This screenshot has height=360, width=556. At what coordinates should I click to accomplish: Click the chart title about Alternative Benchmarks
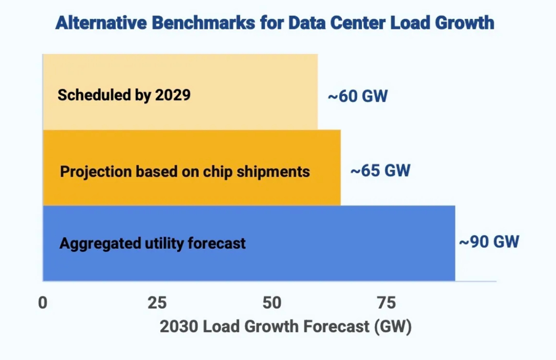pyautogui.click(x=275, y=23)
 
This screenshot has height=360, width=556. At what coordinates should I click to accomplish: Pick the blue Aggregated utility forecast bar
pyautogui.click(x=330, y=243)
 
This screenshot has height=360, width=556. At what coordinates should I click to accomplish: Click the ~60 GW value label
pyautogui.click(x=358, y=97)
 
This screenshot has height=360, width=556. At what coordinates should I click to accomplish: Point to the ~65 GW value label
pyautogui.click(x=380, y=171)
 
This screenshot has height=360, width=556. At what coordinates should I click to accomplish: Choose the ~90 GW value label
pyautogui.click(x=489, y=242)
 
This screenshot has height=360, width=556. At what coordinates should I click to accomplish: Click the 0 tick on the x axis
pyautogui.click(x=43, y=303)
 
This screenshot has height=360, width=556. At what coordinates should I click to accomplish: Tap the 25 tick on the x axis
pyautogui.click(x=157, y=303)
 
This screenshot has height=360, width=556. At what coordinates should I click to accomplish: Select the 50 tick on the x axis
pyautogui.click(x=272, y=303)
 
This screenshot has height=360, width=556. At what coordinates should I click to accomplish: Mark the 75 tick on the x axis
pyautogui.click(x=386, y=303)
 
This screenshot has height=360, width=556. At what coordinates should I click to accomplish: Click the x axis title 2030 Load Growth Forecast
pyautogui.click(x=286, y=327)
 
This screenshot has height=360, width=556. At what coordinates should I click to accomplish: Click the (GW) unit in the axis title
pyautogui.click(x=393, y=327)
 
